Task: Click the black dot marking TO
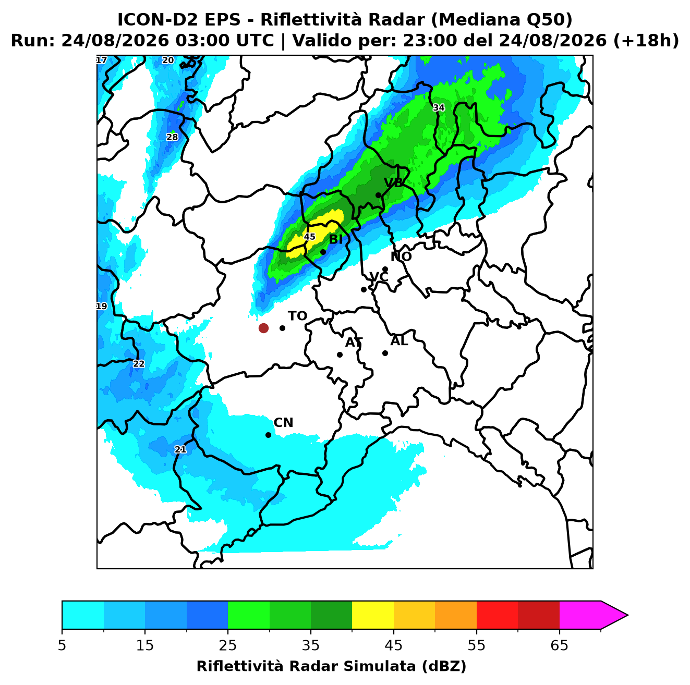282,328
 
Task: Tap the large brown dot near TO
263,328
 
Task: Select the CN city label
283,423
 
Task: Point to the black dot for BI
323,252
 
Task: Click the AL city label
400,341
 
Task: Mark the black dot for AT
340,355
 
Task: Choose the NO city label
401,256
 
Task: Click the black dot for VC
364,289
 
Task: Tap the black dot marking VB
379,195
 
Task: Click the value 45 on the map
310,237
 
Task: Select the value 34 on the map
439,107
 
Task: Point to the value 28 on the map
172,137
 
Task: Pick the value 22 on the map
139,364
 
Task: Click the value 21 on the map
180,449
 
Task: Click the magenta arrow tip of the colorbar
628,615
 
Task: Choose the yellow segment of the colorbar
373,615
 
